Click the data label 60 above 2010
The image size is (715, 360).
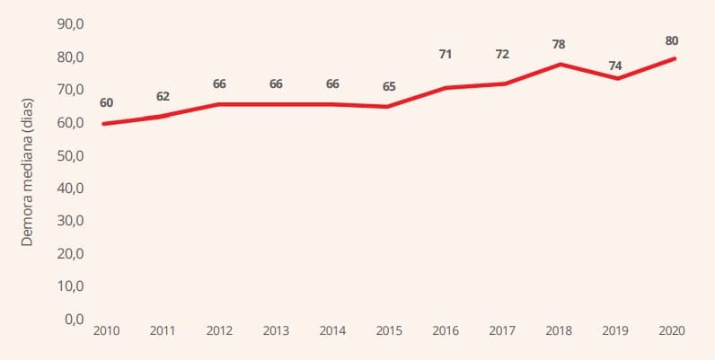[107, 103]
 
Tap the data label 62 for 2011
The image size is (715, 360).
[163, 96]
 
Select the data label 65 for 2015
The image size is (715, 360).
[389, 86]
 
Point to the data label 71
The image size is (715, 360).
[445, 54]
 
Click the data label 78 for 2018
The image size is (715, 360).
[559, 44]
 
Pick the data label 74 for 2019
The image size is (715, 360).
[615, 66]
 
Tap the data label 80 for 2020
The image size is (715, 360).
[672, 40]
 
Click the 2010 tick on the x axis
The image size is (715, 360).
[106, 331]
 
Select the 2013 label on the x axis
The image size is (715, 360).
[276, 331]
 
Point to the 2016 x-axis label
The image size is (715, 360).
[446, 331]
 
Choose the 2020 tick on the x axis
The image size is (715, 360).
[672, 331]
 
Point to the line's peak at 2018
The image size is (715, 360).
[559, 65]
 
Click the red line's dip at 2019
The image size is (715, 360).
[615, 78]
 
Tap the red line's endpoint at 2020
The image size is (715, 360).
[674, 58]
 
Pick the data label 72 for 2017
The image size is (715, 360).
[502, 54]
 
